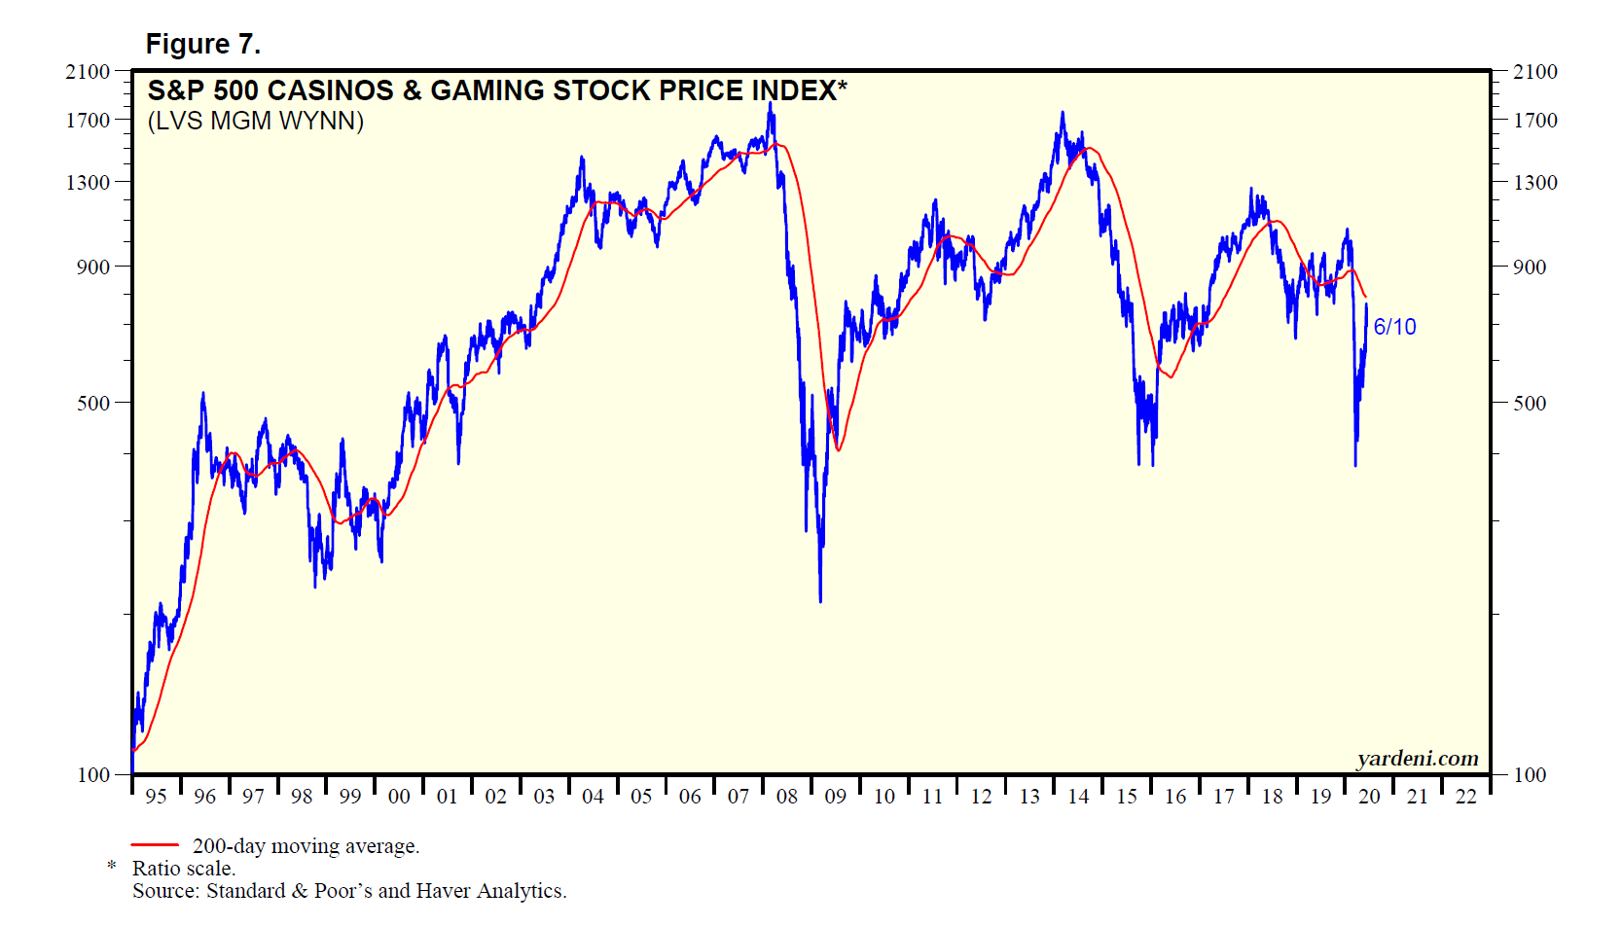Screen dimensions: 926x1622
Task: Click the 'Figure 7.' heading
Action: pos(202,45)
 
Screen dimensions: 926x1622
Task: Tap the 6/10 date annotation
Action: pos(1394,327)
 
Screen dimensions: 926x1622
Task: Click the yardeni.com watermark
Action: pos(1418,759)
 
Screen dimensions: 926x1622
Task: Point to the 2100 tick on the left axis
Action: pos(88,72)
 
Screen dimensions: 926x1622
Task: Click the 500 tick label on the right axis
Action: pos(1529,403)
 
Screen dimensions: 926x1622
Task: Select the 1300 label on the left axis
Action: pos(88,183)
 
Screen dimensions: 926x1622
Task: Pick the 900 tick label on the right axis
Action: pos(1529,267)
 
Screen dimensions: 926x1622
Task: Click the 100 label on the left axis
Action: pos(93,775)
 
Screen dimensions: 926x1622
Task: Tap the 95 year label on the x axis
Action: pos(156,797)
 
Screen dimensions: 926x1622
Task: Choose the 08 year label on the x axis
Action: pos(786,797)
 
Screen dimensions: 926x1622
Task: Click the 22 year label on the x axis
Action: pos(1465,797)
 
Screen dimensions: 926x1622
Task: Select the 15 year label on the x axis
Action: pos(1126,797)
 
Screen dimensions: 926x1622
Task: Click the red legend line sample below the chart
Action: pos(155,845)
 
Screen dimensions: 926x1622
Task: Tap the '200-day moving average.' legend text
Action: pos(306,846)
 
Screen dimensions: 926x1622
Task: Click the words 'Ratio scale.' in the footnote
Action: pos(184,869)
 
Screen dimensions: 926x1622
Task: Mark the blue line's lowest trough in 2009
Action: pos(820,601)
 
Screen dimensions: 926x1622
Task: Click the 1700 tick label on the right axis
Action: pos(1534,121)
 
